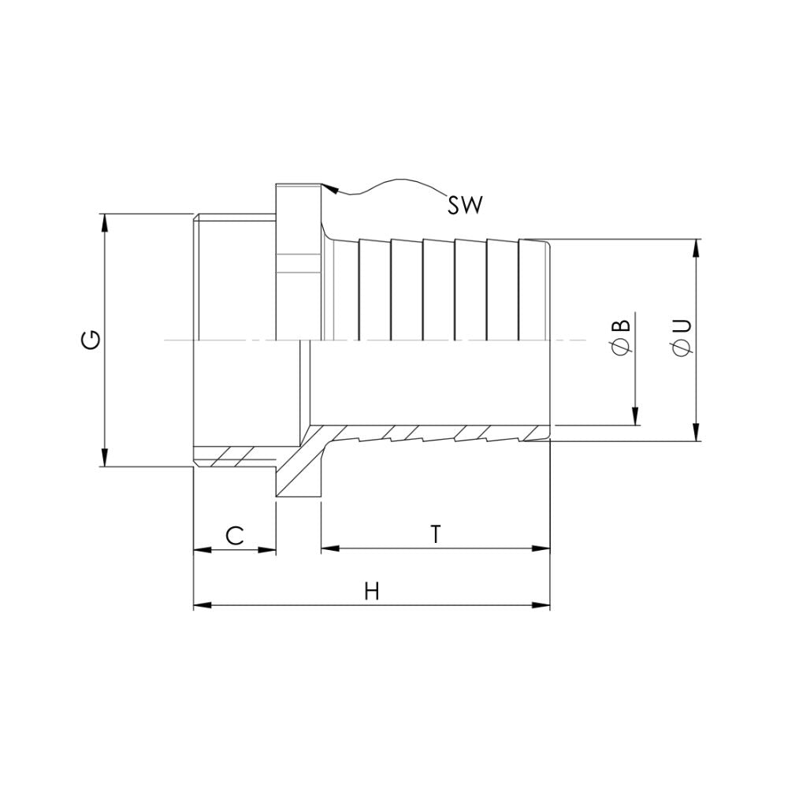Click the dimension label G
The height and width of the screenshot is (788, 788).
(x=92, y=340)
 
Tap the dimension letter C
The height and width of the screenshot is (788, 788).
(x=234, y=536)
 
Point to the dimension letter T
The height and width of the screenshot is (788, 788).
(x=435, y=534)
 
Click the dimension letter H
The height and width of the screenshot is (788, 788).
(x=372, y=592)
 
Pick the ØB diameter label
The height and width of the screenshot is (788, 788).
(x=621, y=336)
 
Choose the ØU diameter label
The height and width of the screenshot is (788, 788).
(x=682, y=336)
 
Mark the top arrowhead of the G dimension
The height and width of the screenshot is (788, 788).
(x=105, y=221)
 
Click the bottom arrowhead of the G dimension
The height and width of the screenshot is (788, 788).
(x=105, y=458)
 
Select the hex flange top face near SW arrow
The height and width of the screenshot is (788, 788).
(x=299, y=186)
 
